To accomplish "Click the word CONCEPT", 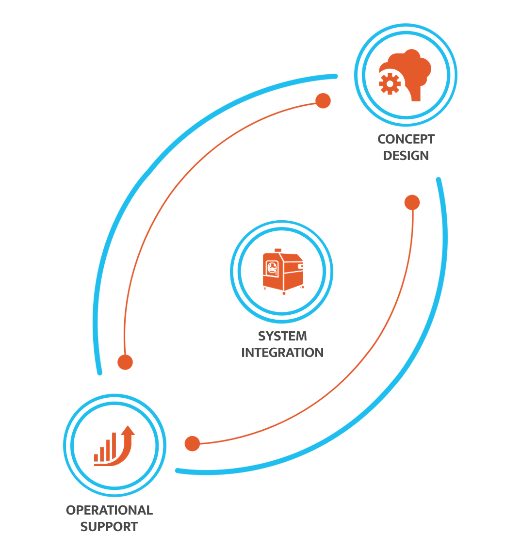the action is pos(406,139).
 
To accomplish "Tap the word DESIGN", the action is pos(406,156).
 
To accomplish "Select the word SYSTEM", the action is pos(282,336).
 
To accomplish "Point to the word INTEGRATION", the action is pos(282,353).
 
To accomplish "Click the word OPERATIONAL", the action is pos(110,510).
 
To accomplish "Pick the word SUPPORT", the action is pos(109,526).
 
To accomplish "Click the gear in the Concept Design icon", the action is pos(390,83).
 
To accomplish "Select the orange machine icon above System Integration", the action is pos(283,271).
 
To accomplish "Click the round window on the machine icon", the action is pos(272,268).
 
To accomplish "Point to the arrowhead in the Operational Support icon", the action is pos(128,430).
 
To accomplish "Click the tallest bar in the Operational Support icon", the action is pos(114,446).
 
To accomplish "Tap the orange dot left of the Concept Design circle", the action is pos(323,101).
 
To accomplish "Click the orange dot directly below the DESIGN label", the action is pos(412,203).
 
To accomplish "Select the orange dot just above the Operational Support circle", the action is pos(125,362).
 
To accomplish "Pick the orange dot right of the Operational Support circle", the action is pos(192,443).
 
